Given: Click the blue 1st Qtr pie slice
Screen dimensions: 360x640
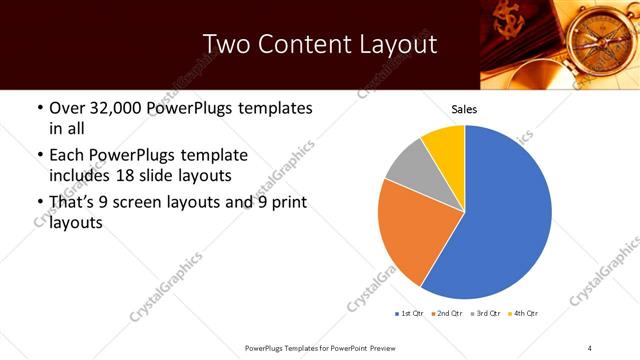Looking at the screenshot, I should (x=505, y=220).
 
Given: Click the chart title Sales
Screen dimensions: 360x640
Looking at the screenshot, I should (x=464, y=108).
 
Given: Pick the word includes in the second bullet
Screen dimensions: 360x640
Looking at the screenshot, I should (x=79, y=176).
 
